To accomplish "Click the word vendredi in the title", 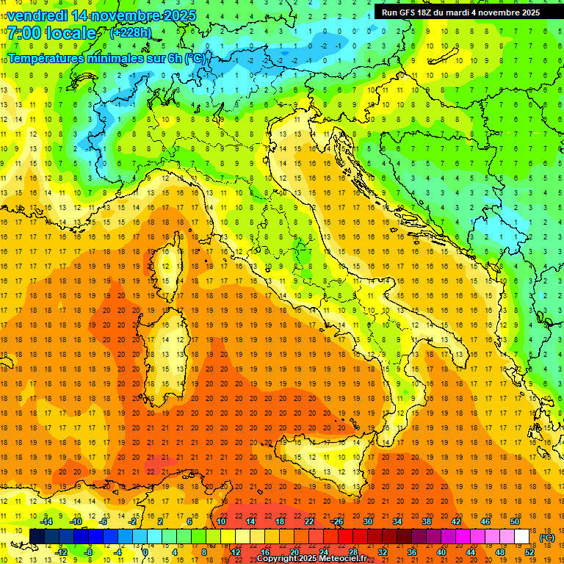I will [x=38, y=15].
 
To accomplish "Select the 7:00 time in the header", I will [x=25, y=33].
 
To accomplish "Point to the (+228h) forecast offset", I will [x=130, y=33].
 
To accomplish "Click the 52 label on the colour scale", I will [x=529, y=552].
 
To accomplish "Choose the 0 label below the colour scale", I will [x=145, y=552].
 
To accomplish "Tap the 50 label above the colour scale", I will [x=515, y=521].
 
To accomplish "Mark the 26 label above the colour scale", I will [x=338, y=521].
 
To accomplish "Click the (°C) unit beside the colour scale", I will [x=547, y=537].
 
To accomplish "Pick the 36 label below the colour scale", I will [x=411, y=552].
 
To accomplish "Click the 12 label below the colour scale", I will [x=235, y=552].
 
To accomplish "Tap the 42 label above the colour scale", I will [x=455, y=521].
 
